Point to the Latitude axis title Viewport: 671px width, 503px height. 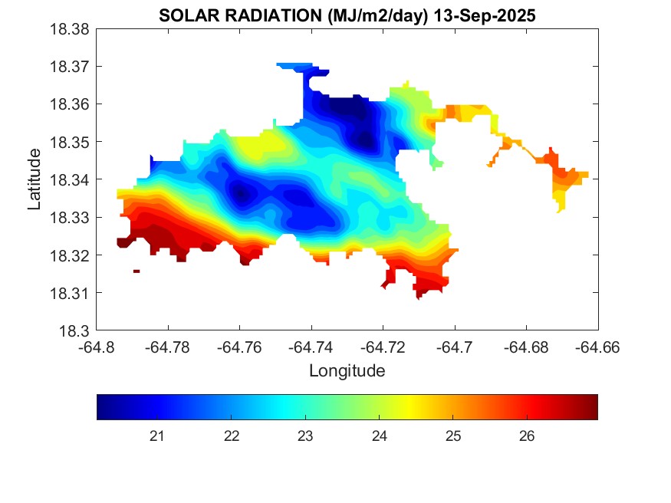[x=35, y=179]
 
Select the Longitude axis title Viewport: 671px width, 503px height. [x=347, y=371]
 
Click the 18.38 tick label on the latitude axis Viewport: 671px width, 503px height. [x=70, y=28]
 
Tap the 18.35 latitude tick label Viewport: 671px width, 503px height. [x=70, y=142]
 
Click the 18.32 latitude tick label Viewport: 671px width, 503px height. [x=70, y=255]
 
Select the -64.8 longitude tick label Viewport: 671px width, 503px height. [x=97, y=347]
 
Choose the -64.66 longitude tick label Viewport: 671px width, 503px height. [x=598, y=347]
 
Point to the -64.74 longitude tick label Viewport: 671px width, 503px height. [x=312, y=347]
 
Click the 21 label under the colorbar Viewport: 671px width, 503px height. [x=157, y=436]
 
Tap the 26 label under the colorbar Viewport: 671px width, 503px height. [x=527, y=436]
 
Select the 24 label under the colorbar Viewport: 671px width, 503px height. [x=379, y=436]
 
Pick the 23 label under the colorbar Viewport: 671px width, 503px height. [x=305, y=436]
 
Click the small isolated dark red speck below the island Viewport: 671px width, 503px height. [x=137, y=271]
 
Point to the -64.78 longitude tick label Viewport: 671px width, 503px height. [x=169, y=347]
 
